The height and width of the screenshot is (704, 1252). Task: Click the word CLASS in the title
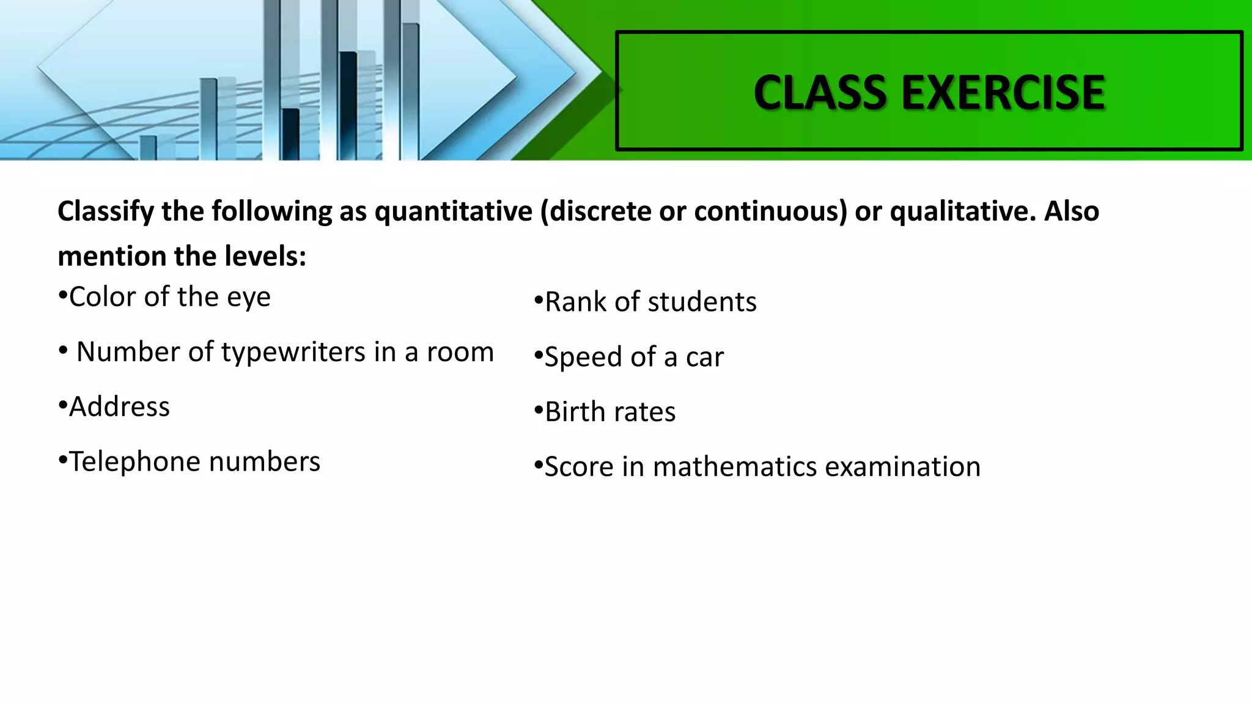click(820, 93)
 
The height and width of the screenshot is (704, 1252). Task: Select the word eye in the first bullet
click(248, 298)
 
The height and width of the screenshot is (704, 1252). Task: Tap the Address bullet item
click(119, 407)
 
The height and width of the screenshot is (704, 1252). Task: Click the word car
click(704, 358)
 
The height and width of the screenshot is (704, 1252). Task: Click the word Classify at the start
click(106, 211)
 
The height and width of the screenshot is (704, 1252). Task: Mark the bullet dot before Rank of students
click(538, 301)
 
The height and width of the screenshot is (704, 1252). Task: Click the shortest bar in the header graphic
click(148, 147)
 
